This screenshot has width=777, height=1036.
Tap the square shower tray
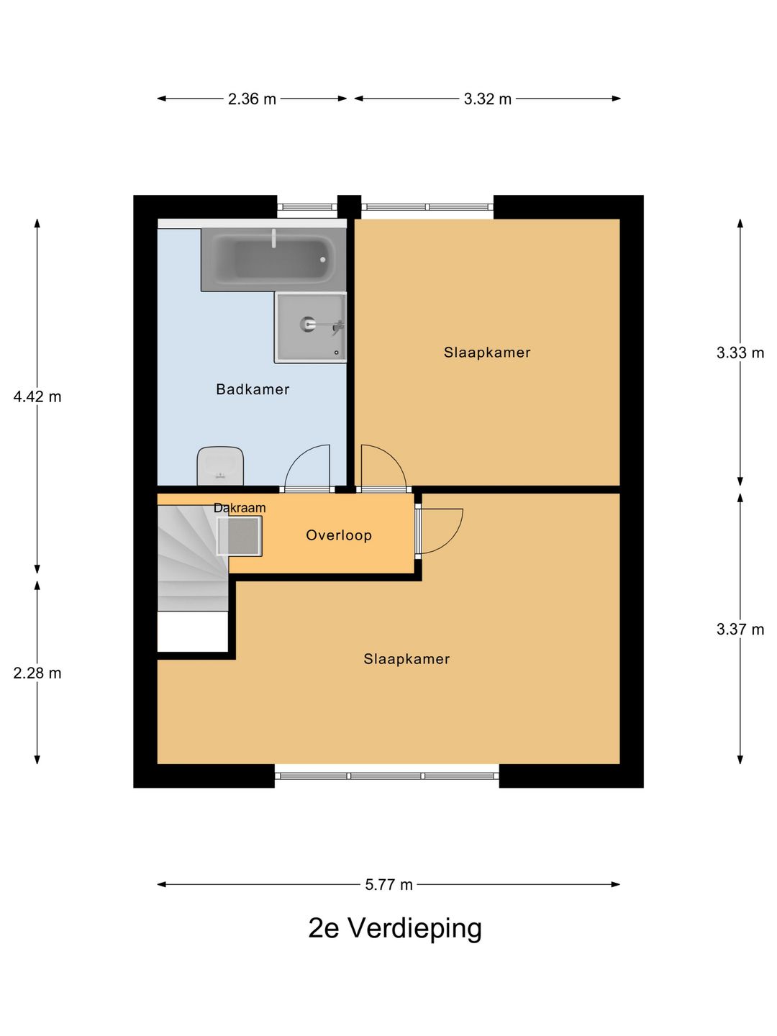pos(310,327)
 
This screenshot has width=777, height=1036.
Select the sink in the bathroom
pos(220,466)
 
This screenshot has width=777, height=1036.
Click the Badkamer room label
pos(253,389)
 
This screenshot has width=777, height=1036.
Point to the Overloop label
pos(339,535)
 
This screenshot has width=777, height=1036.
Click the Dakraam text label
pos(240,508)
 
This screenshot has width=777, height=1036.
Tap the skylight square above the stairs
pos(239,536)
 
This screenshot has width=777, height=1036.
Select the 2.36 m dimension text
pos(252,99)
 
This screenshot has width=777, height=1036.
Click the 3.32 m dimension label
pos(487,99)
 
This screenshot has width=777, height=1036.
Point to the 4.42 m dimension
pos(37,397)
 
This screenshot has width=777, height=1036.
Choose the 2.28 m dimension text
pos(37,673)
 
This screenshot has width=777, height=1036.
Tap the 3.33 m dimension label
pos(740,353)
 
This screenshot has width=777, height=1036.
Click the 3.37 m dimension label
pos(740,629)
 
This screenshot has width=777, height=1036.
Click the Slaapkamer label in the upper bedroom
pos(487,353)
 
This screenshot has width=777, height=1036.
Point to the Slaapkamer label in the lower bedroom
pos(406,659)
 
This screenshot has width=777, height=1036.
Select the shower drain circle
pos(308,324)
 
